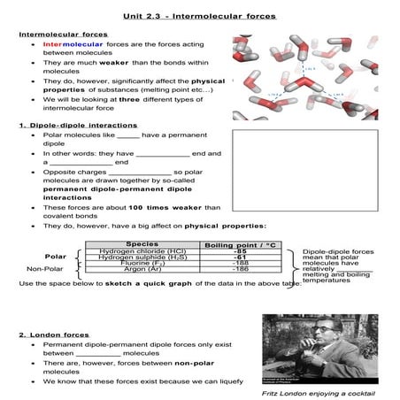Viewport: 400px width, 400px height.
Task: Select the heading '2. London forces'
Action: point(49,335)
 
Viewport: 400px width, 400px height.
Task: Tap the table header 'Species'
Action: point(142,243)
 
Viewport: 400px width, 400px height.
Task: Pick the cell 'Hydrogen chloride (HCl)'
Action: point(142,251)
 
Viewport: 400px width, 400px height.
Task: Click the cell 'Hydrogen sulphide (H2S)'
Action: point(142,258)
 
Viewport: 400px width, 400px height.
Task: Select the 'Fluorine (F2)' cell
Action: point(142,264)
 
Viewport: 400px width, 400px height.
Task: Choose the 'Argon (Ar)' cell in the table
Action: point(142,270)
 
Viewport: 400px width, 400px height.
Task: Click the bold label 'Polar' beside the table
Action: point(55,256)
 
